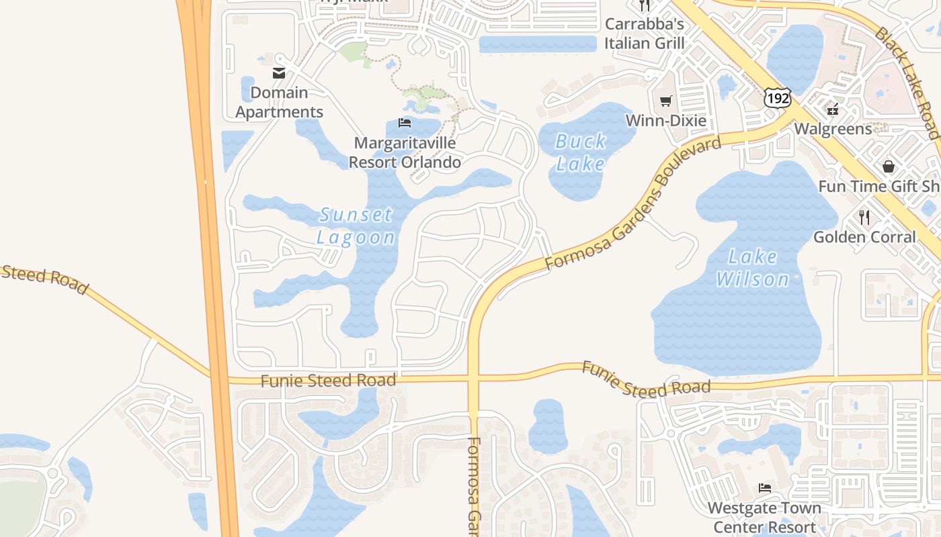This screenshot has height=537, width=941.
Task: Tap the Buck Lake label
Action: click(x=581, y=152)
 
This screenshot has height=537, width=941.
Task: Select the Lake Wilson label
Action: click(x=753, y=268)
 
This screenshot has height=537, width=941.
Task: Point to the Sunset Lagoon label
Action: click(x=356, y=226)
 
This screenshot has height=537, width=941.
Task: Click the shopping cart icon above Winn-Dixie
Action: click(x=666, y=101)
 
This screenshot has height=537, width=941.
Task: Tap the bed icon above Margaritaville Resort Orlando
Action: click(x=405, y=123)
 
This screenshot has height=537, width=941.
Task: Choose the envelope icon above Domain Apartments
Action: click(x=279, y=73)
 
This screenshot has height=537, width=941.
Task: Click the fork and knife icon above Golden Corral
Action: click(x=864, y=217)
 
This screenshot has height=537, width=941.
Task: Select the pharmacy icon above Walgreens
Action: click(x=833, y=109)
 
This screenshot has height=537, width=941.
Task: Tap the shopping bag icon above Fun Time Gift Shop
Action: click(x=889, y=166)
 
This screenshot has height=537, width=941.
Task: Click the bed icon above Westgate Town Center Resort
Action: click(x=764, y=487)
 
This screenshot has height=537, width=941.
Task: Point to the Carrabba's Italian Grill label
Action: click(x=644, y=34)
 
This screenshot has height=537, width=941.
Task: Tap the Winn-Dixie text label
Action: click(x=666, y=121)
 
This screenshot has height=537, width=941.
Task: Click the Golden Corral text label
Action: click(x=864, y=237)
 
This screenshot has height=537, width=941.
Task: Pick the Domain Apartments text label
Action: click(x=279, y=102)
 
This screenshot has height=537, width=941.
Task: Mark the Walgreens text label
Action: click(x=833, y=128)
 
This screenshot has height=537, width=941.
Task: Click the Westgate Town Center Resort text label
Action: click(x=764, y=518)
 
